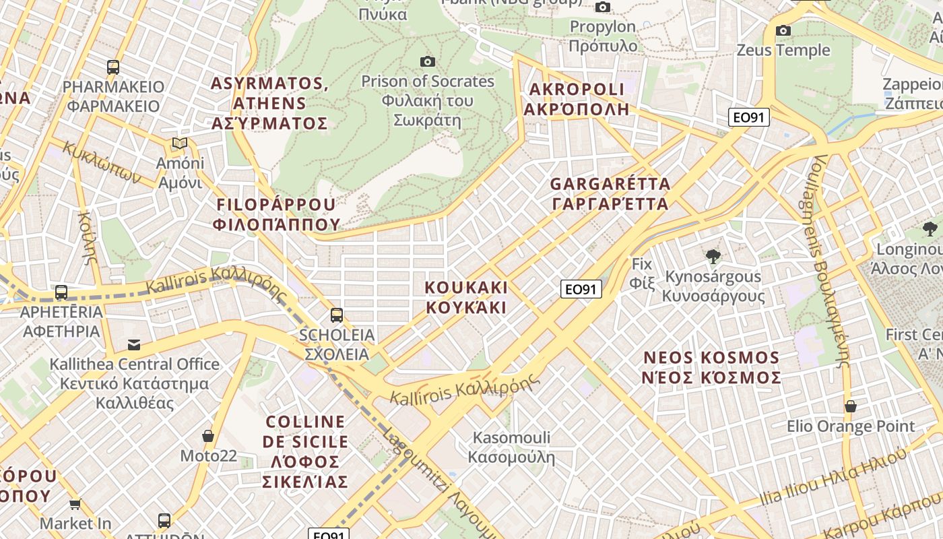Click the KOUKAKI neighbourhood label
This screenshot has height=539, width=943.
[x=465, y=297]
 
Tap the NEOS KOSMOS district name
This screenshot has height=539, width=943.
[x=711, y=367]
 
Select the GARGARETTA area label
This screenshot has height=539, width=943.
[x=610, y=193]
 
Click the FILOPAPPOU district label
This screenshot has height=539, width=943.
[x=276, y=214]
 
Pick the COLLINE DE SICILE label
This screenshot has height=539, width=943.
[x=306, y=451]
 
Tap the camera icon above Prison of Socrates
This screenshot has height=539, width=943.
[x=427, y=62]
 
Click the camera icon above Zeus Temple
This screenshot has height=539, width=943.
[x=783, y=30]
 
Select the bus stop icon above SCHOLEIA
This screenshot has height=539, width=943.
[x=336, y=315]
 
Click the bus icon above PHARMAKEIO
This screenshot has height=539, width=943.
[x=113, y=67]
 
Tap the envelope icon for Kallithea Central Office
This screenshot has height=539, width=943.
[x=134, y=345]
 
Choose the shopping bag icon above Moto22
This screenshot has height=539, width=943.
[x=208, y=436]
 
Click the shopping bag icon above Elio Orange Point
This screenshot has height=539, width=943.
[x=851, y=406]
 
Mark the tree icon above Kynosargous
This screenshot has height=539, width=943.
[x=713, y=256]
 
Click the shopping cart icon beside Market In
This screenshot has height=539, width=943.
[x=75, y=504]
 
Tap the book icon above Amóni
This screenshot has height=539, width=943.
[x=179, y=143]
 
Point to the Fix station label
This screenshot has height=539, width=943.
[x=642, y=273]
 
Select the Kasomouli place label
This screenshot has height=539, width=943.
[x=511, y=447]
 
